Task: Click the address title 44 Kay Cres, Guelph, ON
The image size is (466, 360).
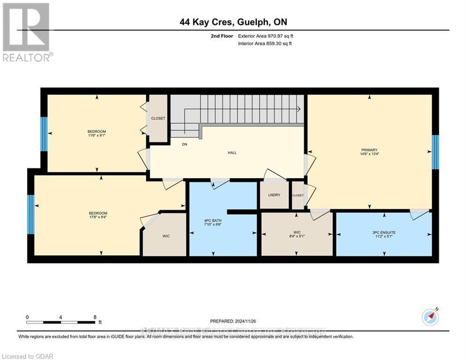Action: coord(233,22)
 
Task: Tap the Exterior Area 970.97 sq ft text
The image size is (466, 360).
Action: coord(266,36)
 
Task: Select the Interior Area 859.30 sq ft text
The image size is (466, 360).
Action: coord(265,44)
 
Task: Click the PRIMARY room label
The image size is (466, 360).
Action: coord(369,150)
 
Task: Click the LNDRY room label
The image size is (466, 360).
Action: coord(274,195)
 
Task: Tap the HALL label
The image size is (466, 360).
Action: coord(232,152)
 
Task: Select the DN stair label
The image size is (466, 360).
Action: coord(185,144)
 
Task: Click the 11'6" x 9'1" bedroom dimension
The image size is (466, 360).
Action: coord(97,136)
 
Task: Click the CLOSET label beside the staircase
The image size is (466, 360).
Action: coord(158,118)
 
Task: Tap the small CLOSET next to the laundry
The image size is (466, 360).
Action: coord(297,195)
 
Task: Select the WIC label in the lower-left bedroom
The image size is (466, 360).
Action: coord(166,236)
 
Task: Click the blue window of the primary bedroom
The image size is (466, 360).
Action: coord(435,152)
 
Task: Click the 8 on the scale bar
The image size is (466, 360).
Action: coord(95,317)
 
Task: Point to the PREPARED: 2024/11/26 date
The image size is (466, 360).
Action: coord(233,321)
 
